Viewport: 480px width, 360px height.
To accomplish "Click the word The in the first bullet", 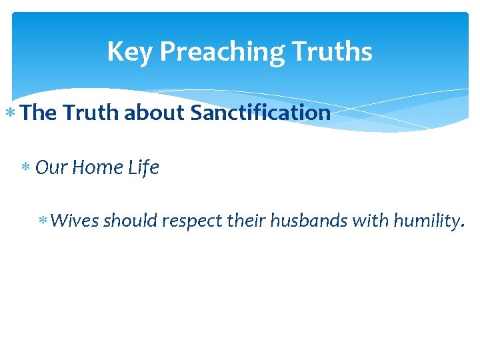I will pos(39,113).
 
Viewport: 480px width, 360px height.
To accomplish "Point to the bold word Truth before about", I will pos(91,113).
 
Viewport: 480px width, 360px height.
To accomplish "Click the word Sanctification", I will pos(261,113).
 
